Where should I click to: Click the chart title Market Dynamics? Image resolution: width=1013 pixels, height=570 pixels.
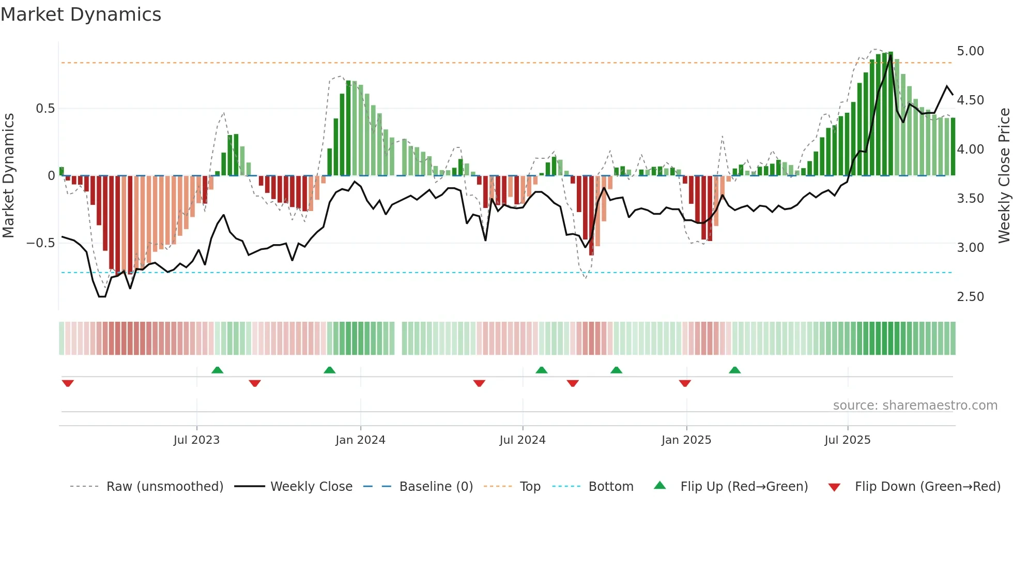(x=81, y=14)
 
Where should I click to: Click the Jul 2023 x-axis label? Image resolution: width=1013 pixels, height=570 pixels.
(x=196, y=440)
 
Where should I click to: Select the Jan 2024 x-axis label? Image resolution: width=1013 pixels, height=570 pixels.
(x=360, y=440)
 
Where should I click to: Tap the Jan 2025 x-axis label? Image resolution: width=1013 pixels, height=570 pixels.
(x=686, y=440)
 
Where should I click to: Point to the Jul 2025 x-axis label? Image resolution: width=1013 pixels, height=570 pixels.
(x=848, y=440)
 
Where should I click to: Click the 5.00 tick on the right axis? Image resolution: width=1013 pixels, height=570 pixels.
(x=970, y=51)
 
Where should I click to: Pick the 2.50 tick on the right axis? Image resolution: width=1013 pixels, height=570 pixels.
(x=970, y=297)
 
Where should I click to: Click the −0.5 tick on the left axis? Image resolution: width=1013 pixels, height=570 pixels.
(x=40, y=243)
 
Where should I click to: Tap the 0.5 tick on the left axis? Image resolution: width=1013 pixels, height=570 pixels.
(x=45, y=109)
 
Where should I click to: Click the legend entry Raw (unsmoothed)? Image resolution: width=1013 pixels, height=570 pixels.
(x=164, y=487)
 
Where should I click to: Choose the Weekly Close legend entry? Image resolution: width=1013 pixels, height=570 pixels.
(x=311, y=487)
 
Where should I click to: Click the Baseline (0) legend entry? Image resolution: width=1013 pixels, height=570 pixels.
(x=436, y=487)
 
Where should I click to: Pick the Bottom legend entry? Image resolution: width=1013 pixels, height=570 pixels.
(x=610, y=487)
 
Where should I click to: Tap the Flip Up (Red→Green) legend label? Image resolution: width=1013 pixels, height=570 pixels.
(x=744, y=487)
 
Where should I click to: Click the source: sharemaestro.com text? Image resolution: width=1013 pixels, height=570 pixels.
(x=915, y=406)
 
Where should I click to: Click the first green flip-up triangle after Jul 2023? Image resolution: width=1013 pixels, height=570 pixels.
(x=217, y=370)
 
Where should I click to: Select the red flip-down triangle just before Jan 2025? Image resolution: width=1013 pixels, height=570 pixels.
(x=685, y=383)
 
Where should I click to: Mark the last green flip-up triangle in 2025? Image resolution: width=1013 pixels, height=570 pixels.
(x=734, y=370)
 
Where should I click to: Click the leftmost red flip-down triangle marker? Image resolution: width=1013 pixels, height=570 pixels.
(x=68, y=383)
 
